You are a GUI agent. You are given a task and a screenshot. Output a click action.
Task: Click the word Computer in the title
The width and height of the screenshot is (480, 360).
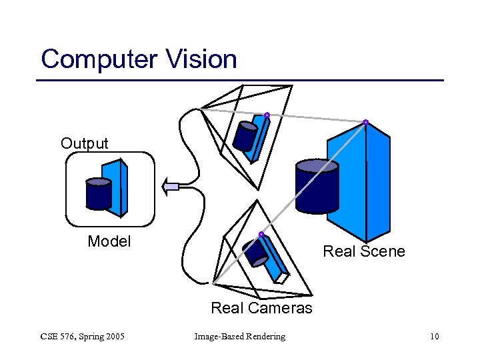97,59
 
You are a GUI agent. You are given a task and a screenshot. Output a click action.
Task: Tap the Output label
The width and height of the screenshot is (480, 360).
84,143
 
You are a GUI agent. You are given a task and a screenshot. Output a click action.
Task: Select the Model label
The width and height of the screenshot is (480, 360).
109,241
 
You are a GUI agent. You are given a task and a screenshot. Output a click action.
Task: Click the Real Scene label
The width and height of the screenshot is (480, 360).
363,251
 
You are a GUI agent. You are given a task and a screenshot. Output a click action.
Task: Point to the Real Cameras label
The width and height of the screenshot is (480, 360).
261,308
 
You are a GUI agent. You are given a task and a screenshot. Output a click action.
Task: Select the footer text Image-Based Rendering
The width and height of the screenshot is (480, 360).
239,336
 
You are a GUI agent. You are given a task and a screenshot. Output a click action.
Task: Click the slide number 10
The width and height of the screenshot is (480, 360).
434,336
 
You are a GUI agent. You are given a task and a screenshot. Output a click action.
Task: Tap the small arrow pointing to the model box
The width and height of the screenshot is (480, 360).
171,187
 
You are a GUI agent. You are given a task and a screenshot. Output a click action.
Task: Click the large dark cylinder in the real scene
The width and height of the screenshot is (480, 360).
317,187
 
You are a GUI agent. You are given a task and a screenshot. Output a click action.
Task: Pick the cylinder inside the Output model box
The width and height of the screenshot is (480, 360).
99,194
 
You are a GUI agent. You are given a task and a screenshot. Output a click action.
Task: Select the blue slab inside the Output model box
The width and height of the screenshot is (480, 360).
118,187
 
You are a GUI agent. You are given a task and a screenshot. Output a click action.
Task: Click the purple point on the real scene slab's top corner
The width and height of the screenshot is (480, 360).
365,122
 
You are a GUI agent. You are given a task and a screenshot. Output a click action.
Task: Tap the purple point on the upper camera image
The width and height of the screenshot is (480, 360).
267,115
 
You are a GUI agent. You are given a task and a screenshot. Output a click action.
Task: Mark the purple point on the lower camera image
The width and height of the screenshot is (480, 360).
261,234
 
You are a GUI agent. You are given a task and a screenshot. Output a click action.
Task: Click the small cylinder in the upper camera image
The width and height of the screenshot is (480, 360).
245,136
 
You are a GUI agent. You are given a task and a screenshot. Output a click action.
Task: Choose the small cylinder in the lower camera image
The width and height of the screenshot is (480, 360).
256,251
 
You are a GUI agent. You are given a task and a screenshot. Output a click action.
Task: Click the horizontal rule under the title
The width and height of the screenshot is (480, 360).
239,81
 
